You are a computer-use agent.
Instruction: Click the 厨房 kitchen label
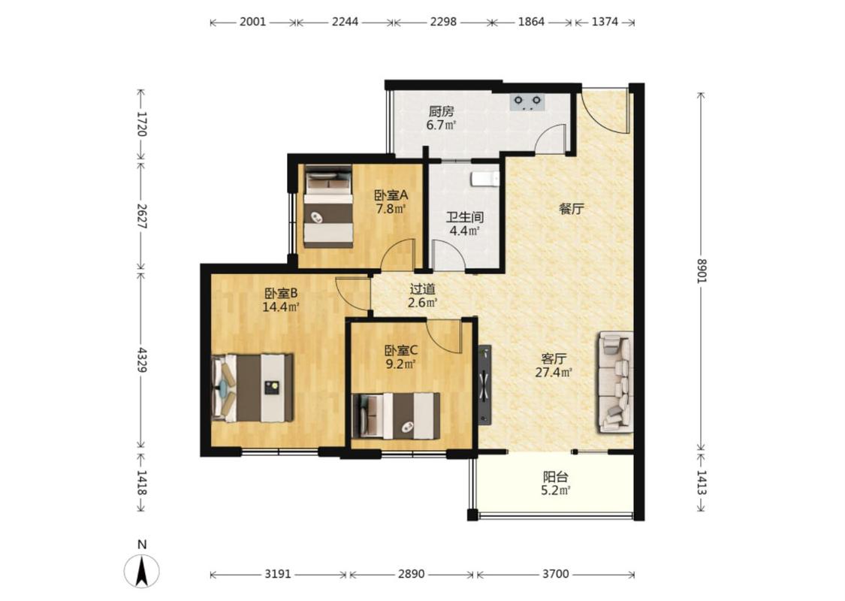coord(442,112)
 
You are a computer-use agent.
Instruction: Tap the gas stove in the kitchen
coord(527,102)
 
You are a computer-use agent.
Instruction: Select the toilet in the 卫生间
coord(484,178)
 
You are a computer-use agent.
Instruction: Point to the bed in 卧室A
coord(328,207)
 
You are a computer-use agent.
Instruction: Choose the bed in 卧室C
coord(396,415)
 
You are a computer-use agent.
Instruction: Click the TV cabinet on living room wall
coord(484,383)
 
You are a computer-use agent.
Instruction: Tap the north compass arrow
coord(142,571)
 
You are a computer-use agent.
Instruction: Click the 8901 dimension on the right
coord(701,270)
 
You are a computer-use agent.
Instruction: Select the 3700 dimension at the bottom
coord(556,574)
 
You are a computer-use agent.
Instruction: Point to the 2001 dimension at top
coord(252,22)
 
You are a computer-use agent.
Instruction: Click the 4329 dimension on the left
coord(141,360)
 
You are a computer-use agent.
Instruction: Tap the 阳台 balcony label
coord(556,477)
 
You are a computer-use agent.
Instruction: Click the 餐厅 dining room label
coord(572,209)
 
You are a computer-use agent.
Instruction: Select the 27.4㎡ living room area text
coord(554,372)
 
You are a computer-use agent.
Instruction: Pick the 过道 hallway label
coord(422,289)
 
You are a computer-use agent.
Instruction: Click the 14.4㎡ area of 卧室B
coord(281,307)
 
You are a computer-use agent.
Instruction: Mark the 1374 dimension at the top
coord(605,22)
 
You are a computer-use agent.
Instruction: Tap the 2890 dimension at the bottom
coord(411,574)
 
